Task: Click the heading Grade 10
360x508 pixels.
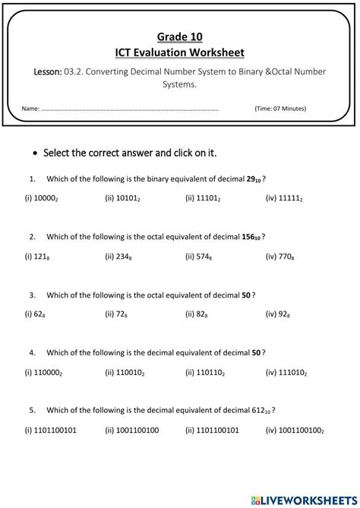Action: tap(180, 36)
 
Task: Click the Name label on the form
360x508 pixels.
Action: tap(30, 109)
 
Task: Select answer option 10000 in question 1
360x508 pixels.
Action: tap(43, 198)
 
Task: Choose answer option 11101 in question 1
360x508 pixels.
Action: tap(203, 198)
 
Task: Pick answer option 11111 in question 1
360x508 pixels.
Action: tap(284, 198)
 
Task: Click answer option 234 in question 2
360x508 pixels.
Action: tap(120, 256)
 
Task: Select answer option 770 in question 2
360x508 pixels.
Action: tap(280, 256)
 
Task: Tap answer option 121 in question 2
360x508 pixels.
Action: tap(37, 256)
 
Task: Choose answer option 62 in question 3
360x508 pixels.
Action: tap(36, 314)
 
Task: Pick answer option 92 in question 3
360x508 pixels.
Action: tap(278, 314)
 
